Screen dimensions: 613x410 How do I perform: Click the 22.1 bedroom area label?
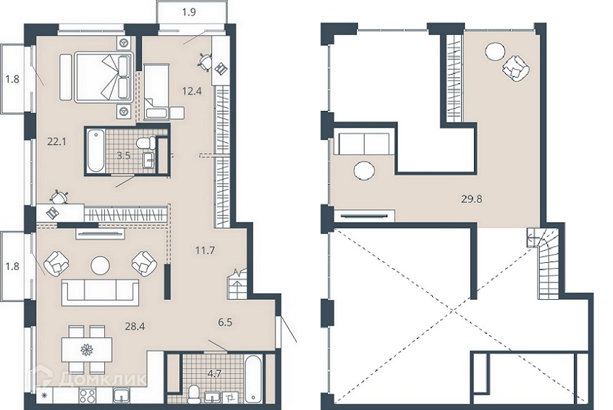point(56,141)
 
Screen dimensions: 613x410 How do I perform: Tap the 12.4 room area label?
point(193,91)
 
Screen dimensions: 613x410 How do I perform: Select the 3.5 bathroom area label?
point(124,155)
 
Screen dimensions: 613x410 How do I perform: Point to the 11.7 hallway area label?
point(206,250)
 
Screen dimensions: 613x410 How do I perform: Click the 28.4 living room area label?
point(135,326)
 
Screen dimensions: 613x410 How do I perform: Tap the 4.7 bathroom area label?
point(215,373)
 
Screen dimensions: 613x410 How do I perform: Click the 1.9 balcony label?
point(189,12)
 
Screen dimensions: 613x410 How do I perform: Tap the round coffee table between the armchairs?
point(101,265)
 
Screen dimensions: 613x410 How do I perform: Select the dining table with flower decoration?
point(87,349)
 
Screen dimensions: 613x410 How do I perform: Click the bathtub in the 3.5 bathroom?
point(96,151)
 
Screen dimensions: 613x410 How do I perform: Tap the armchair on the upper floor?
point(516,69)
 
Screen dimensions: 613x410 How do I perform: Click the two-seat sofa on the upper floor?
point(364,143)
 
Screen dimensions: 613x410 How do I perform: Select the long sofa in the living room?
point(100,293)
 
